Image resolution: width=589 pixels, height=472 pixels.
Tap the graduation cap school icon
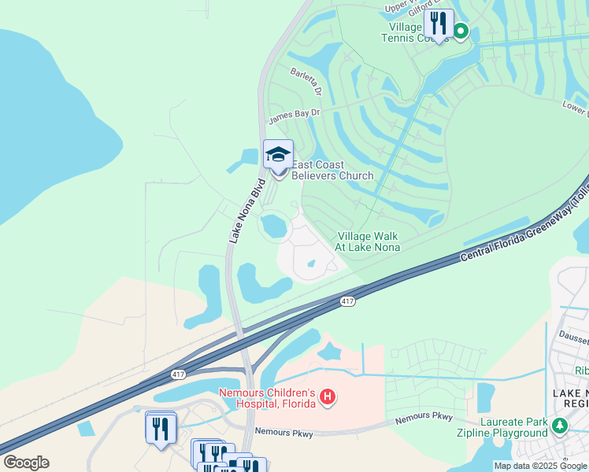click(x=278, y=153)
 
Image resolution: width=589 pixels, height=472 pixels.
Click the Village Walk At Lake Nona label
click(x=369, y=242)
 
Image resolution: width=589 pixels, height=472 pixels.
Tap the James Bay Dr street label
click(x=294, y=116)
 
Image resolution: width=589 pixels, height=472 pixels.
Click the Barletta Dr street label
click(x=306, y=82)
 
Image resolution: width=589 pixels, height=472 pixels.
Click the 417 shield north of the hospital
click(x=347, y=301)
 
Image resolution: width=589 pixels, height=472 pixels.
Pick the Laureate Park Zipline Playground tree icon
click(x=559, y=426)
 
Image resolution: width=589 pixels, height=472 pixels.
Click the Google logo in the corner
click(x=26, y=462)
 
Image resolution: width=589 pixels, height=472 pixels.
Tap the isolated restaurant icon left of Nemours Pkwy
click(x=161, y=428)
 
